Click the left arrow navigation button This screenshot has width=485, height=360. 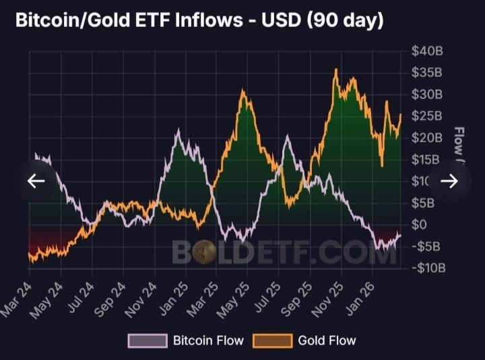pyautogui.click(x=36, y=181)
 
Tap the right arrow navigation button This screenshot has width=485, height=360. pyautogui.click(x=449, y=181)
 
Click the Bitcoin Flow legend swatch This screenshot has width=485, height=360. pyautogui.click(x=148, y=340)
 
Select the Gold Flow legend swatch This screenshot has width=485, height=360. pyautogui.click(x=272, y=340)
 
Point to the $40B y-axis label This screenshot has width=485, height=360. pyautogui.click(x=427, y=51)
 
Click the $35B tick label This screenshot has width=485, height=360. pyautogui.click(x=427, y=73)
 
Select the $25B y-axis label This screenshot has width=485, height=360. pyautogui.click(x=427, y=116)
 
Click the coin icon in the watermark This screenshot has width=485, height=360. pyautogui.click(x=204, y=253)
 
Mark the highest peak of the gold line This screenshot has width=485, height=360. pyautogui.click(x=335, y=69)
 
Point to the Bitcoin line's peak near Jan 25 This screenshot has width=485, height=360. pyautogui.click(x=178, y=130)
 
